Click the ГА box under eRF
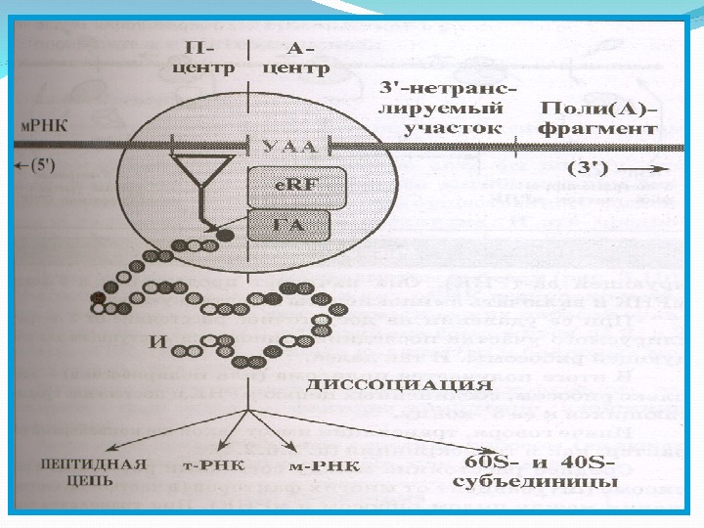287,226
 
